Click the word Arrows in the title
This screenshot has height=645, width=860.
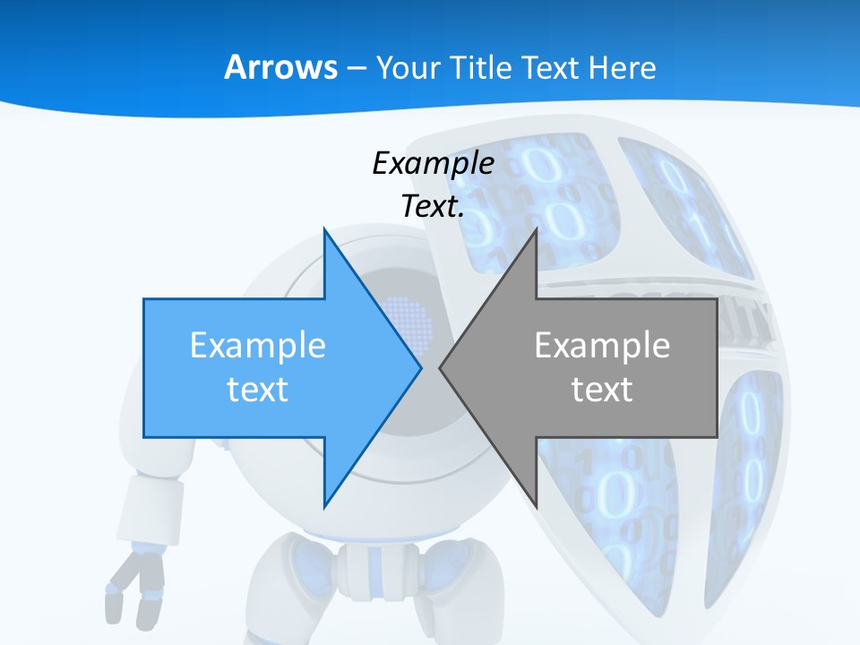(280, 67)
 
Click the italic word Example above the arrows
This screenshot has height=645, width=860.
(433, 163)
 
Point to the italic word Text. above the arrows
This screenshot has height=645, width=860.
(433, 206)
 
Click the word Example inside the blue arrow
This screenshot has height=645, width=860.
(258, 345)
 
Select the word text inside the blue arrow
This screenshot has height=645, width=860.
(258, 389)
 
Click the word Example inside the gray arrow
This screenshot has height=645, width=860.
(602, 345)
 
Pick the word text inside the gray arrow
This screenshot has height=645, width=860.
(602, 389)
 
